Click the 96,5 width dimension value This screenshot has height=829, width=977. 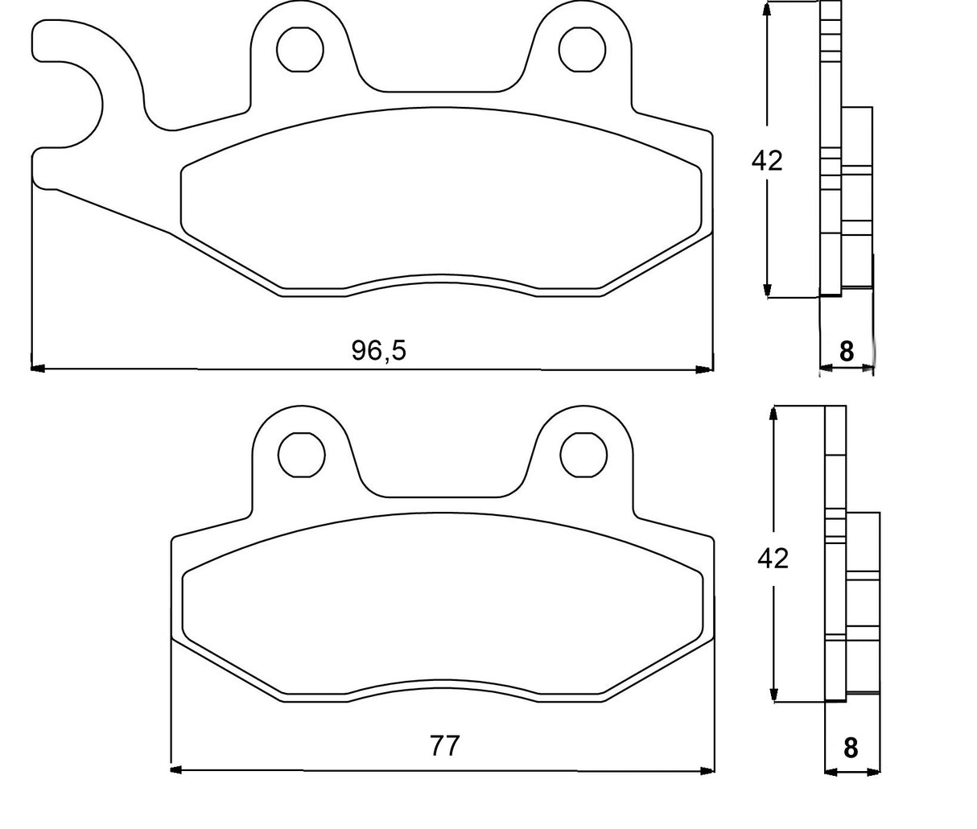click(379, 350)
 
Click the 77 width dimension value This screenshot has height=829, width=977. click(444, 746)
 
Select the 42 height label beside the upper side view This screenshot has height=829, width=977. click(766, 161)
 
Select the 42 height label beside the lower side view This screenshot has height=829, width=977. click(773, 558)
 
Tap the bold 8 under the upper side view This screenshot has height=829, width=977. click(846, 352)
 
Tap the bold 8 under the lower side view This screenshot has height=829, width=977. click(851, 749)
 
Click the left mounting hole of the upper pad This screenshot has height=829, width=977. click(300, 48)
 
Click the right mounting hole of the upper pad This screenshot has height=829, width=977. click(583, 48)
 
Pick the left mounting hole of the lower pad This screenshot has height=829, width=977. click(302, 454)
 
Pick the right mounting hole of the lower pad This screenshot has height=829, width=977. click(584, 454)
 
